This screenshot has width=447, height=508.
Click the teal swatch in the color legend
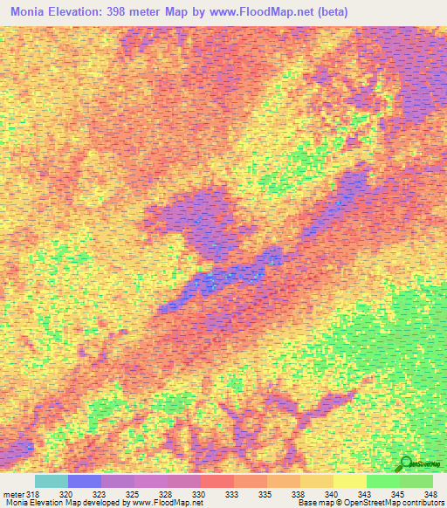(x=51, y=481)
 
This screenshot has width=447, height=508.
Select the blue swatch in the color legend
(x=84, y=481)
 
